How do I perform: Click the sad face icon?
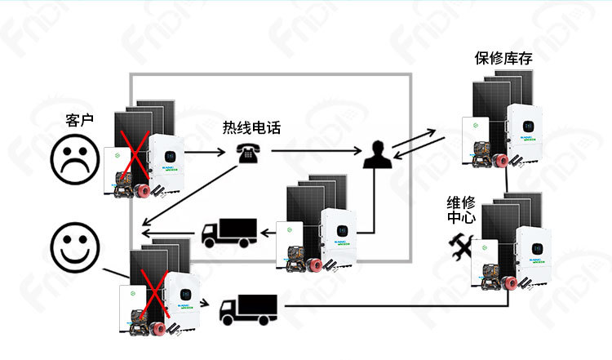click(x=75, y=158)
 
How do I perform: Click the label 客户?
click(x=79, y=121)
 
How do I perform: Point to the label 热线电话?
click(x=249, y=128)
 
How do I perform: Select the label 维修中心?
click(x=459, y=211)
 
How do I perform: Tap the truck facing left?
click(x=228, y=233)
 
